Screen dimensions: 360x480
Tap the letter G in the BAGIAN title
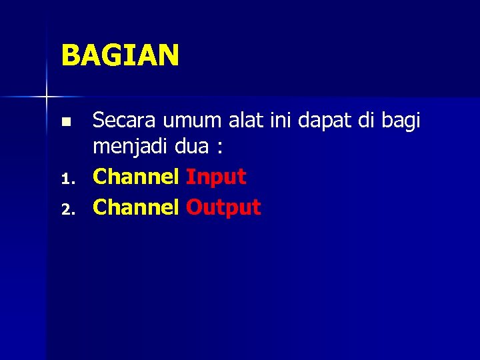[x=111, y=55]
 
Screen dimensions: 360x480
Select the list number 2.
[x=65, y=210]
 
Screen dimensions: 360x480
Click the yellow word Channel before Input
[x=136, y=177]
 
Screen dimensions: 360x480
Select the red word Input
[x=216, y=178]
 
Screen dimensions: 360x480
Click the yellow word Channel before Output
[x=136, y=207]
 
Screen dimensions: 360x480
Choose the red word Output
[x=223, y=208]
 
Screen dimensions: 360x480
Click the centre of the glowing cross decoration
[x=47, y=97]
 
